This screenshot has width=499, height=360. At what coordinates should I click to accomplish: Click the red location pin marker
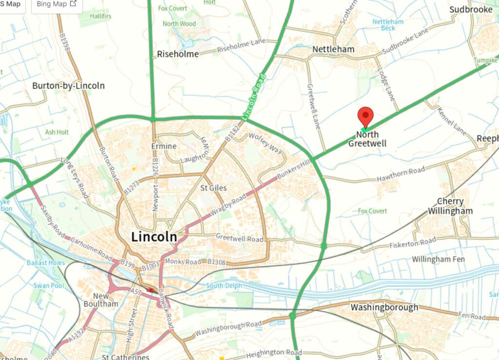click(365, 117)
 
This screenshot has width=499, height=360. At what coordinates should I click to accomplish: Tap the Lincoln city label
click(154, 237)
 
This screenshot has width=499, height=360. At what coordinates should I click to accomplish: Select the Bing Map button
click(57, 4)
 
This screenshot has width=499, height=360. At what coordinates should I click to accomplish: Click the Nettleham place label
click(333, 50)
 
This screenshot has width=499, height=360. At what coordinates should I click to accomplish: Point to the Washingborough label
click(384, 307)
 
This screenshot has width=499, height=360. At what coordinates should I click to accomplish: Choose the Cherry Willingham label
click(450, 206)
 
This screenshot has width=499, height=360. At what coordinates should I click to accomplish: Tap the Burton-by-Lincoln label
click(68, 86)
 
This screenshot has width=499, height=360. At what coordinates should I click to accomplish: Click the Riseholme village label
click(178, 54)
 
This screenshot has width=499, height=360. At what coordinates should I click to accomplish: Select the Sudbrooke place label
click(471, 10)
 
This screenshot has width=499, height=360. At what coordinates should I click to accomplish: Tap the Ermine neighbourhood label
click(164, 147)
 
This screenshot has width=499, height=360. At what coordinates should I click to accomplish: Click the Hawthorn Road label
click(401, 175)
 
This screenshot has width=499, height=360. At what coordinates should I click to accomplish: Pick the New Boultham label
click(105, 300)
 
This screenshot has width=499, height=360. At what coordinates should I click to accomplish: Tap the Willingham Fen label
click(438, 259)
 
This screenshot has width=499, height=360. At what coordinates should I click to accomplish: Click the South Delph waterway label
click(223, 286)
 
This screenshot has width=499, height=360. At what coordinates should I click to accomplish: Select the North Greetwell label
click(367, 139)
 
